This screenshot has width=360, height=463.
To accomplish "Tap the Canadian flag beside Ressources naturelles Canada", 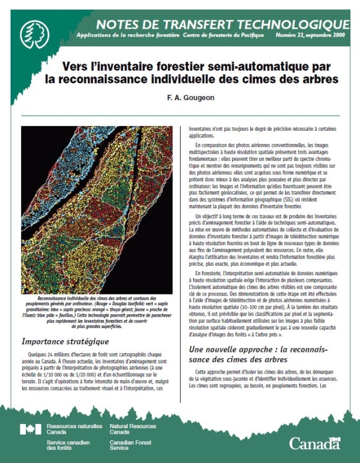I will coord(31,429).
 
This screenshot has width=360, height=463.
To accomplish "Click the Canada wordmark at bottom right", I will coord(314,443).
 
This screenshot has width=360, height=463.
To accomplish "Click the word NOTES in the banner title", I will coord(117,24).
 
